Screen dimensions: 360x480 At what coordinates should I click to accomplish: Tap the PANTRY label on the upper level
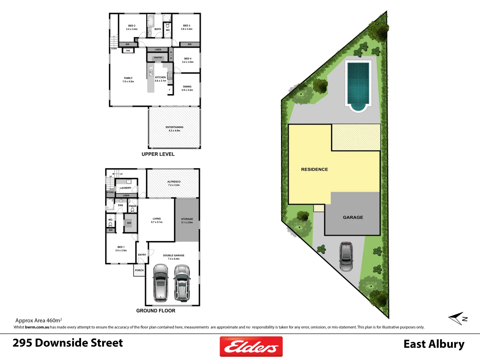(x=158, y=58)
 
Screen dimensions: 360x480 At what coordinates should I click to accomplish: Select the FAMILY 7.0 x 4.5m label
(x=128, y=80)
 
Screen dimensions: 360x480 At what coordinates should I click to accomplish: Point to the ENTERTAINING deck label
(x=174, y=129)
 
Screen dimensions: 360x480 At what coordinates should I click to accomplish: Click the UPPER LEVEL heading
(x=158, y=154)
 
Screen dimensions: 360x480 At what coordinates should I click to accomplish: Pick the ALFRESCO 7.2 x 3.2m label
(x=174, y=183)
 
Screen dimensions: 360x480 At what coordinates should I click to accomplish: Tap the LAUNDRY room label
(x=126, y=188)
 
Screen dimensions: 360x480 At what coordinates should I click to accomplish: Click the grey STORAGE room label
(x=187, y=221)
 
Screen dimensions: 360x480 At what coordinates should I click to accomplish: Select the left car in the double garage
(x=160, y=282)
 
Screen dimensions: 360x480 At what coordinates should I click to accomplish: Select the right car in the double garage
(x=182, y=282)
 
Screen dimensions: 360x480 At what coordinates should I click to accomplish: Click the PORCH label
(x=139, y=270)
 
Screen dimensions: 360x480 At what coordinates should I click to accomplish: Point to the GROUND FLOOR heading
(x=156, y=311)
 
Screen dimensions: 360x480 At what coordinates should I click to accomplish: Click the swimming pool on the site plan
(x=358, y=85)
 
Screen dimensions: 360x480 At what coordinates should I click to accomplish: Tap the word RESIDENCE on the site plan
(x=314, y=169)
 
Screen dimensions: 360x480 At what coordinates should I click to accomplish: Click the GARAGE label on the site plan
(x=353, y=217)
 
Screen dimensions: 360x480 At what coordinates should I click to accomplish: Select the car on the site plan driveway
(x=346, y=256)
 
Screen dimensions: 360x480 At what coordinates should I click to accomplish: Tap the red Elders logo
(x=251, y=347)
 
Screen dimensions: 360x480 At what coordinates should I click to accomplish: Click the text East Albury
(x=434, y=344)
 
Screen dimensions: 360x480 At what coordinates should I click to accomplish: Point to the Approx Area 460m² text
(x=38, y=320)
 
